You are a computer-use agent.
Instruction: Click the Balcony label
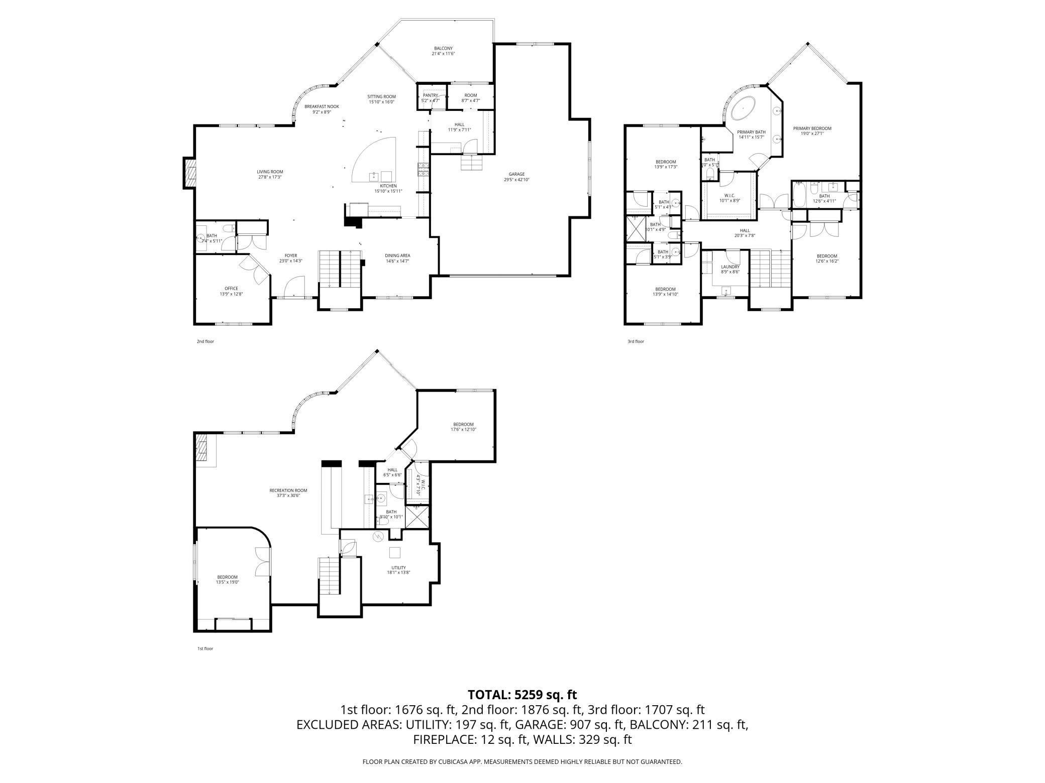443,49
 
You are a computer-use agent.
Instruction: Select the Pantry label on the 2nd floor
431,95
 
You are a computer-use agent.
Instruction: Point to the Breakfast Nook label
322,106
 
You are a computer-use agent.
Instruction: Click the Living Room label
270,172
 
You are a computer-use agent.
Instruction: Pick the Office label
231,289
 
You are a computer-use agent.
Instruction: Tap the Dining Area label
398,255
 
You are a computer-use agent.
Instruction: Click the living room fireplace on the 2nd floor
189,173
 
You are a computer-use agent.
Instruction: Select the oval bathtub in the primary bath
742,108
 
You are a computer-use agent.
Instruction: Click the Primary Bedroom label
812,128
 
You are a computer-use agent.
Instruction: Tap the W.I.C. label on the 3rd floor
729,195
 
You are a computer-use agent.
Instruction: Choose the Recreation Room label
288,490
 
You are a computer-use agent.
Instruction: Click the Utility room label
399,568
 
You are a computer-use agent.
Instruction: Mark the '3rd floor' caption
636,341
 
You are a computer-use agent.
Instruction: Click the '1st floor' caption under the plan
205,648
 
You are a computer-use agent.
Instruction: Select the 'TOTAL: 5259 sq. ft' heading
522,695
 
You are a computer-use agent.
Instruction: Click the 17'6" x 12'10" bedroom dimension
463,430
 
